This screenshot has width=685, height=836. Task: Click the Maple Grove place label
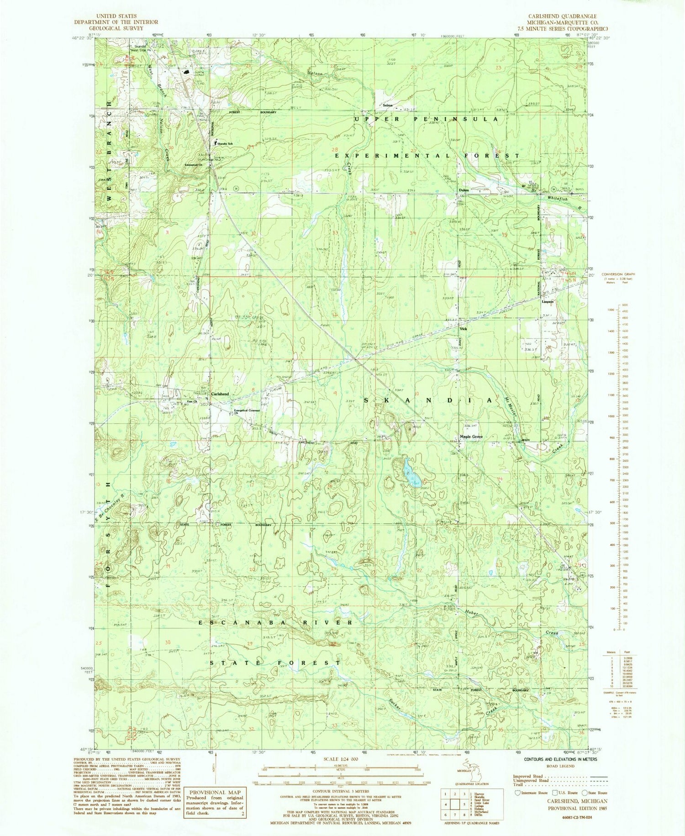471,436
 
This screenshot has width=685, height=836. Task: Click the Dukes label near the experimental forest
464,190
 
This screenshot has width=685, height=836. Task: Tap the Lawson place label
548,301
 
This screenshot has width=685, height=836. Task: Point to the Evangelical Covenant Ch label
247,411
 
